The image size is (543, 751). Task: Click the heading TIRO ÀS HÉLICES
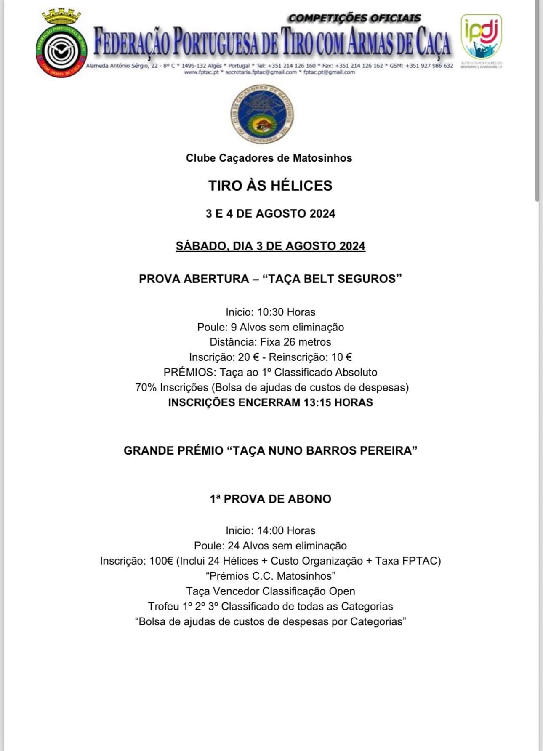(x=270, y=186)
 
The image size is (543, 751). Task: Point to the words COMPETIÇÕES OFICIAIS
(x=354, y=18)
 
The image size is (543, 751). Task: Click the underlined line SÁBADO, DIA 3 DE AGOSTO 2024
(x=270, y=246)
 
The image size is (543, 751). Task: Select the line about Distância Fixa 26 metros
(x=270, y=342)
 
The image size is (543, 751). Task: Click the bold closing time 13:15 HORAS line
(x=270, y=402)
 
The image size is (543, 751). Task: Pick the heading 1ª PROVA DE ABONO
(x=270, y=499)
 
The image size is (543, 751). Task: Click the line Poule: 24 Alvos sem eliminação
(x=270, y=546)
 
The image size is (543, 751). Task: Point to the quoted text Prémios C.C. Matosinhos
(x=270, y=575)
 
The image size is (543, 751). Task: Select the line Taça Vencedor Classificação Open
(x=270, y=591)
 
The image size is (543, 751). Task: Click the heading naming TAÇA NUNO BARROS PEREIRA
(x=270, y=450)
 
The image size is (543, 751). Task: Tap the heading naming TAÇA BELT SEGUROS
(x=270, y=279)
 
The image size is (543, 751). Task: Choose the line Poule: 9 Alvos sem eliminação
(x=270, y=327)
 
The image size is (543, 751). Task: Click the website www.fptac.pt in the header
(x=201, y=72)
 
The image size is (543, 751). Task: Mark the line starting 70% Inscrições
(x=272, y=387)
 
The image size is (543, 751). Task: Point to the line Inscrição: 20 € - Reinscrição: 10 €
(x=270, y=357)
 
